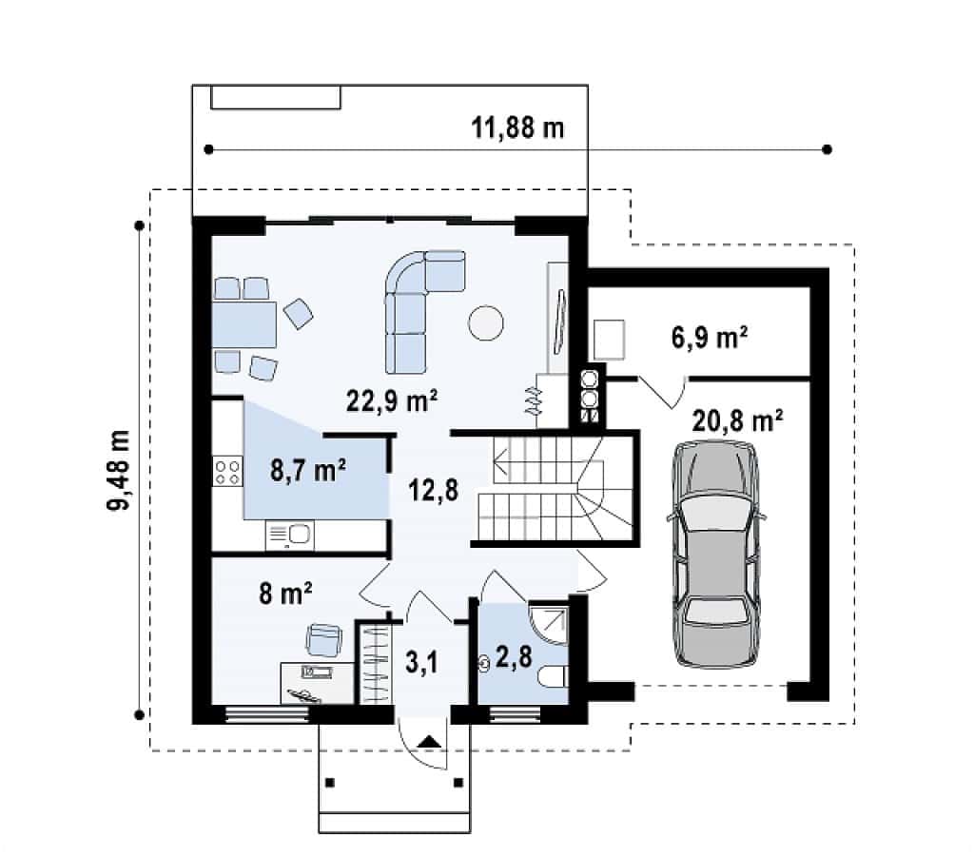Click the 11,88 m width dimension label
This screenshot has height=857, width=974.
(x=517, y=127)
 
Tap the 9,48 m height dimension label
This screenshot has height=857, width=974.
(x=118, y=470)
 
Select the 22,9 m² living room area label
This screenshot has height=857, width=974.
(x=392, y=400)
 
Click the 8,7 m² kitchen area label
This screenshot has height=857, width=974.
(x=308, y=470)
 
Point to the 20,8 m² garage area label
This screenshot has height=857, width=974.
(x=737, y=421)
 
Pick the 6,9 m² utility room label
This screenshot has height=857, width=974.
(x=710, y=338)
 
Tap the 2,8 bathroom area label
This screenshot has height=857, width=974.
(x=514, y=655)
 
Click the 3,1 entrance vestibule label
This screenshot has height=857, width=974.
(x=421, y=662)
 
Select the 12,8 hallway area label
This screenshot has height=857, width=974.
(x=433, y=490)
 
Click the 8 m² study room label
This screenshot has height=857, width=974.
(x=285, y=594)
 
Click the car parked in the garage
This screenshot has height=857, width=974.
(x=716, y=554)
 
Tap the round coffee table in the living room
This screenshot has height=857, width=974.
(x=486, y=323)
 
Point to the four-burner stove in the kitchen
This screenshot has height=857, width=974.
(x=227, y=471)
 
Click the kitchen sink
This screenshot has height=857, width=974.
(x=289, y=536)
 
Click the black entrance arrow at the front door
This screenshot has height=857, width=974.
(x=429, y=741)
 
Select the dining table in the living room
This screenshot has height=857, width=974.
(x=244, y=324)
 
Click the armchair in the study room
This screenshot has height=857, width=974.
(x=323, y=639)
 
